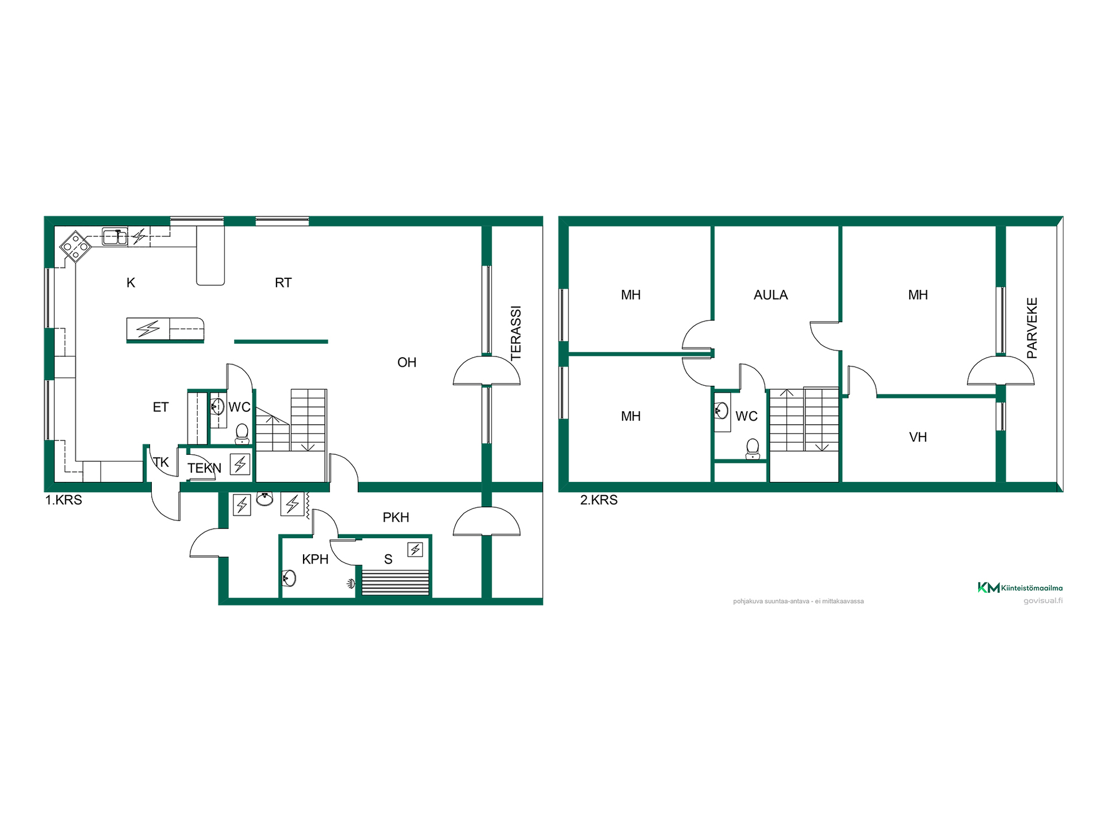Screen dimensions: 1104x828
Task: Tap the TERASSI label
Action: point(516,333)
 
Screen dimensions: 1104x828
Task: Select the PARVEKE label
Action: point(1032,328)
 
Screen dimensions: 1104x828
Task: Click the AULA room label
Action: point(770,295)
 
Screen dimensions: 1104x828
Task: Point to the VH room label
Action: point(918,437)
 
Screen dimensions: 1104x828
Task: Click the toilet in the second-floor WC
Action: point(753,448)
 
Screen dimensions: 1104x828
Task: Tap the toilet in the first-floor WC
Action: point(242,434)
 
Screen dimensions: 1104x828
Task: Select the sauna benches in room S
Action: point(394,582)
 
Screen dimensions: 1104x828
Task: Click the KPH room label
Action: point(315,559)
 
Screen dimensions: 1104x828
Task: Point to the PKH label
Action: point(396,517)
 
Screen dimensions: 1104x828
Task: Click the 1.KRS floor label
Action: point(64,500)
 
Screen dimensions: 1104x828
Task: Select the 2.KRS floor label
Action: point(599,500)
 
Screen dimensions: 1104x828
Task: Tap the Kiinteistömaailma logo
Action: point(1020,588)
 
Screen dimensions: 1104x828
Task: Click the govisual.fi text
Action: point(1043,601)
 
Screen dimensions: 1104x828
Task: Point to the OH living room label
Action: point(407,362)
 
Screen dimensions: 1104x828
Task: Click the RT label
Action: point(283,283)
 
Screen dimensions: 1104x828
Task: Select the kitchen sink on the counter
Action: point(115,236)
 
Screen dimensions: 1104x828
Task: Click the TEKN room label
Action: point(204,468)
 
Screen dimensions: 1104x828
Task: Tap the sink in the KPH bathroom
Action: point(289,578)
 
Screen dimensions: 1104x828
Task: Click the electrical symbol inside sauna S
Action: point(415,550)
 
